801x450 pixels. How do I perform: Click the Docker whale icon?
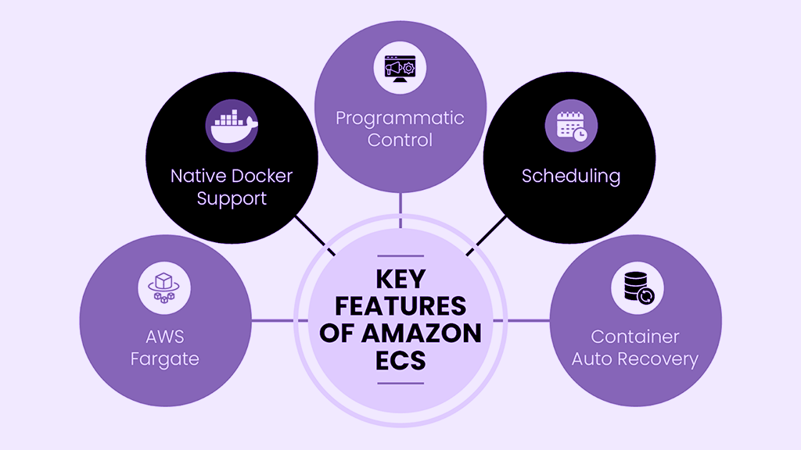coord(232,125)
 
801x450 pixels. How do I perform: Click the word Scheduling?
coord(571,176)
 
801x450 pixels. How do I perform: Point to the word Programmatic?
coord(400,119)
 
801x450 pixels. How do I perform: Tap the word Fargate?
coord(165,359)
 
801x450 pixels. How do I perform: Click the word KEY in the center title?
coord(400,280)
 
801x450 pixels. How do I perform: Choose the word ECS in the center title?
coord(400,360)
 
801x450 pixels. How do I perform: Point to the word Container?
coord(635,337)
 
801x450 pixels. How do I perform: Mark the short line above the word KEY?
coord(400,255)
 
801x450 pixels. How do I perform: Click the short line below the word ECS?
coord(400,384)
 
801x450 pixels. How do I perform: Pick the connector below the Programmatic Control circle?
coord(400,209)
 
